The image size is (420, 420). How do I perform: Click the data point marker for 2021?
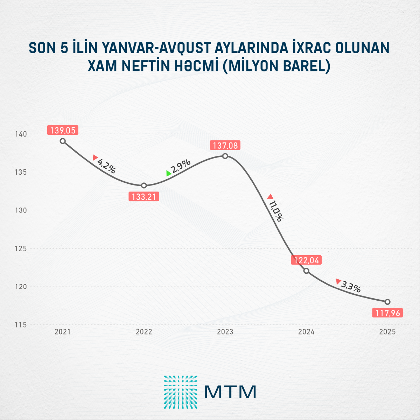63,141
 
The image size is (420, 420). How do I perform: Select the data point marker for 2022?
144,185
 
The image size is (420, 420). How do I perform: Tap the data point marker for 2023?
225,156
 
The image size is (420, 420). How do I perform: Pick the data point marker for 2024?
306,271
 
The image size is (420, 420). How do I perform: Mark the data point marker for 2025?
387,302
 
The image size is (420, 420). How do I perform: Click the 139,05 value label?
63,130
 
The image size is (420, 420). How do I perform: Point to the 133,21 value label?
144,197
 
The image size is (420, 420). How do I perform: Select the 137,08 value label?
225,145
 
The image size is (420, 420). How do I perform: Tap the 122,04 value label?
306,260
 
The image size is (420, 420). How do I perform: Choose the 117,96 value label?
387,313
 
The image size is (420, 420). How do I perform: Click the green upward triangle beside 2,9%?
169,173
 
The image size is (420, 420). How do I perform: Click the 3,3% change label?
351,287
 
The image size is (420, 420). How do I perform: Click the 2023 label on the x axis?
225,332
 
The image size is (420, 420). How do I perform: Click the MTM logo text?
230,392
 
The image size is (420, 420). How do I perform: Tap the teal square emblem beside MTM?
181,392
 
